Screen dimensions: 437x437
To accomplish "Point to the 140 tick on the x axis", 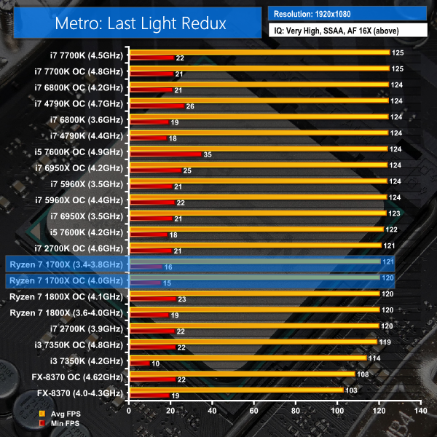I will pos(420,411).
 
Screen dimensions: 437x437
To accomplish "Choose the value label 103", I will pos(353,390).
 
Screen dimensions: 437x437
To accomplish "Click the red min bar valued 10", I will pos(139,363).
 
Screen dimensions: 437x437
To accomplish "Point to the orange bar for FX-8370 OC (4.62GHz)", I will pos(241,374).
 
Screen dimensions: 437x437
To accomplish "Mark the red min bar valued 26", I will pos(156,106).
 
